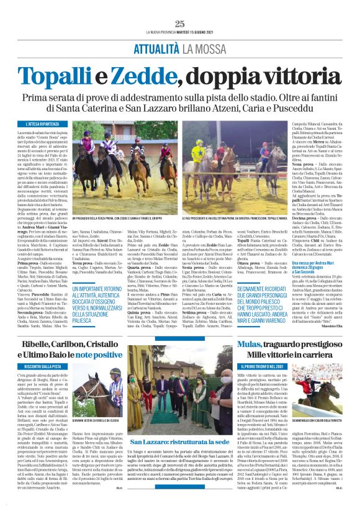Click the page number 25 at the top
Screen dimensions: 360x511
pos(180,24)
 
